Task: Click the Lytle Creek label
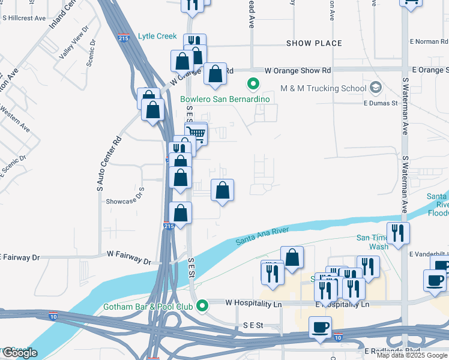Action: pos(157,36)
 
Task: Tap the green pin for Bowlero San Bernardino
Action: pos(253,85)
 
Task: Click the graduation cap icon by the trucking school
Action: pos(376,88)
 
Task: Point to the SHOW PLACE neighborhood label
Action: pos(314,43)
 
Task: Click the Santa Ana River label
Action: pos(262,235)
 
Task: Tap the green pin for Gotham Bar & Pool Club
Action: pos(203,305)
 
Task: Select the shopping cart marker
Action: pos(196,133)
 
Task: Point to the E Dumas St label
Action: pos(381,103)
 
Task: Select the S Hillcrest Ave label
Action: pos(24,19)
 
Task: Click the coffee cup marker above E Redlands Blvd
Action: pos(320,328)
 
